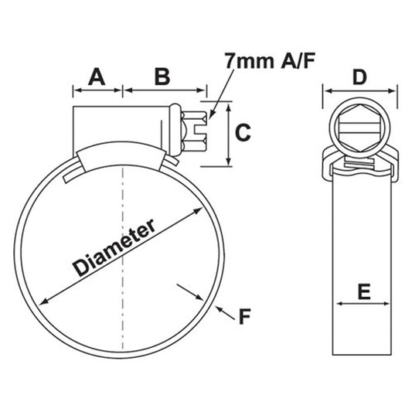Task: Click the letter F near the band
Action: click(245, 316)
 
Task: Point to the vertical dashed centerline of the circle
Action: click(121, 255)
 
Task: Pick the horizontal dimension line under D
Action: click(359, 90)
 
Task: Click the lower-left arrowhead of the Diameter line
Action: click(46, 300)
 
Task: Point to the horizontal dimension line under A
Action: click(98, 90)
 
